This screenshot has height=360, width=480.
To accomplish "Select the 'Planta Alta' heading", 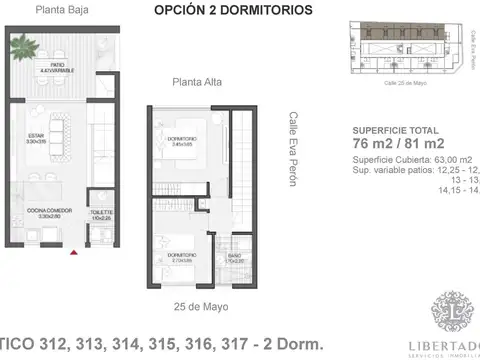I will pyautogui.click(x=195, y=83).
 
